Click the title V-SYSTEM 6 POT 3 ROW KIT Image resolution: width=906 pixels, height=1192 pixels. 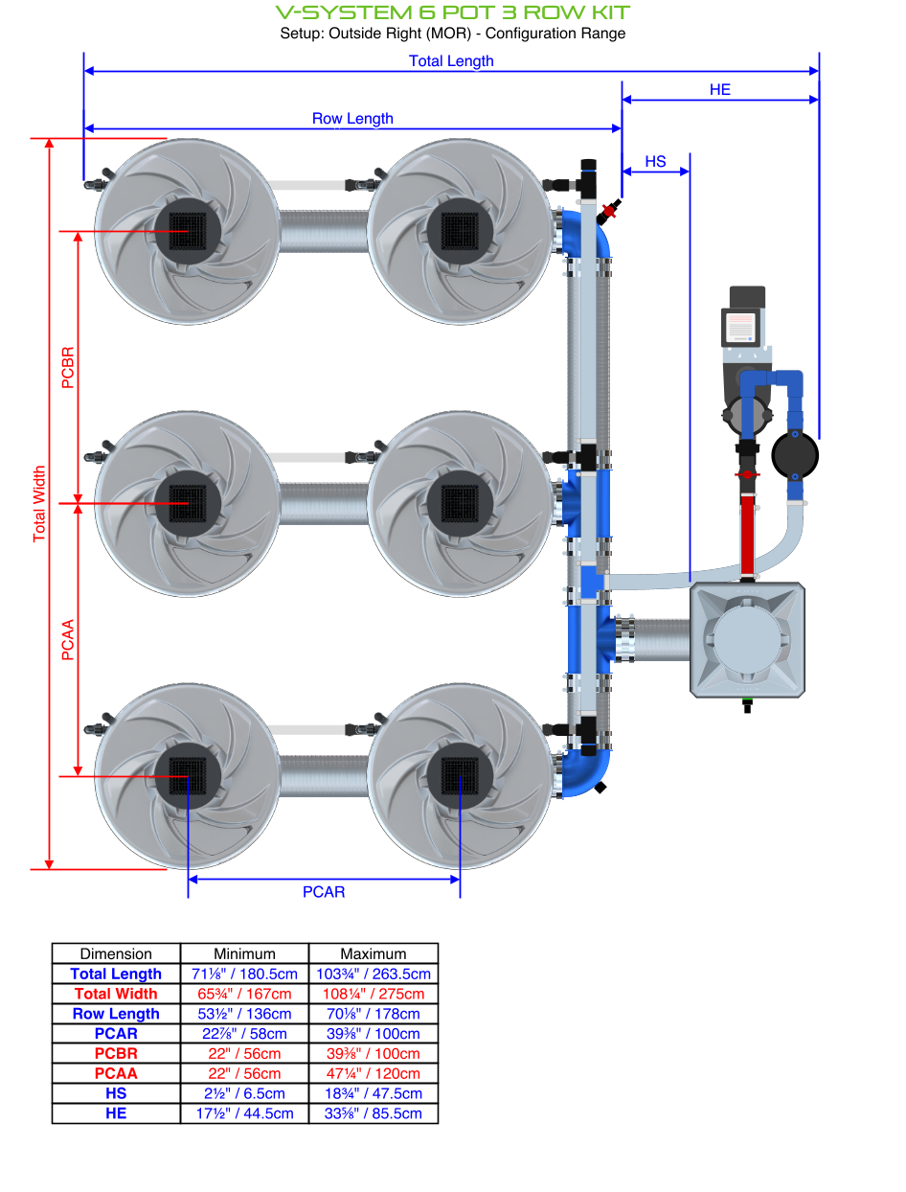[452, 12]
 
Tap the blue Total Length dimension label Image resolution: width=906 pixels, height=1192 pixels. [451, 60]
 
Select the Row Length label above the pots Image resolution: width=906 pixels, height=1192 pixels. [352, 119]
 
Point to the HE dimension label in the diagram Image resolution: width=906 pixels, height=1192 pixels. [720, 89]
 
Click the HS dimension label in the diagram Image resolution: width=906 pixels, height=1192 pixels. [655, 161]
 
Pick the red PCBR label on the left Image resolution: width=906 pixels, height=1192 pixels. [67, 367]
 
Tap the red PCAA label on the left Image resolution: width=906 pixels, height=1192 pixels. [67, 639]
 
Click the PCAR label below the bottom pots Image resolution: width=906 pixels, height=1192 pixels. [324, 892]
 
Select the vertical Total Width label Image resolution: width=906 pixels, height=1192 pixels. [39, 504]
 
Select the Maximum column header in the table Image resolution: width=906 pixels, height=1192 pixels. [374, 953]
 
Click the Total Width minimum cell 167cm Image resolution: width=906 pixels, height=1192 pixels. [244, 994]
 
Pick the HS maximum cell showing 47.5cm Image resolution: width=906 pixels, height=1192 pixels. [374, 1093]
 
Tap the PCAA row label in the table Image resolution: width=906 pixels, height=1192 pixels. [116, 1073]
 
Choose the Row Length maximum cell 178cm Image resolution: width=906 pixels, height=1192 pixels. [374, 1014]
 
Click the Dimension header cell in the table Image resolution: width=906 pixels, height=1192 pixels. [116, 953]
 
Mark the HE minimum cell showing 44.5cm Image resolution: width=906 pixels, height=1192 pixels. [244, 1113]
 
